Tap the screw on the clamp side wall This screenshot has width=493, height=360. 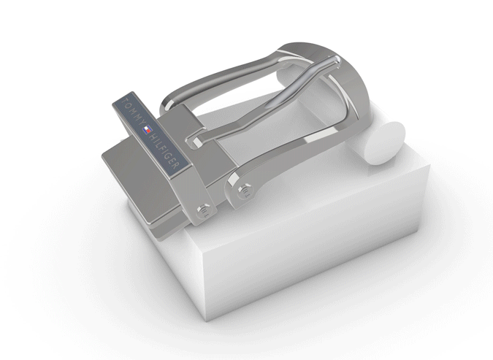point(205,212)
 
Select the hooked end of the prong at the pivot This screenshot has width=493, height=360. point(194,139)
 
